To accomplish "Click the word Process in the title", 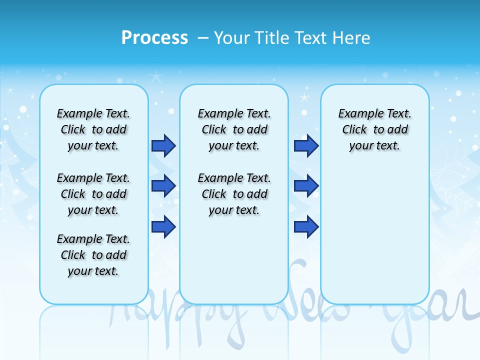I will [x=154, y=37].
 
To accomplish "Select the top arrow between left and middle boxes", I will [x=163, y=146].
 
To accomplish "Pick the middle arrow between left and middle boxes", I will [x=163, y=186].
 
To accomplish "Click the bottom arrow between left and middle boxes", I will [x=163, y=226].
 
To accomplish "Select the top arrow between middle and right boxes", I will [x=306, y=146].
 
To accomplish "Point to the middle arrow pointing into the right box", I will [x=306, y=186].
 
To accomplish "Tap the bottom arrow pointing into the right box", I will [x=306, y=226].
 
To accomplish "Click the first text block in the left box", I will [x=93, y=129].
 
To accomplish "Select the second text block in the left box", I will [x=93, y=194].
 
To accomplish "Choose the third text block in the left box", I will [x=93, y=255].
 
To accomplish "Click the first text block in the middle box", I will [x=234, y=129].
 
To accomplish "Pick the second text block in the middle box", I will [x=234, y=194].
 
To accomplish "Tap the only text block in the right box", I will [x=374, y=129].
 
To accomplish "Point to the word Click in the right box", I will [x=354, y=130].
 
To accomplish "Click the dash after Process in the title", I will [x=202, y=38].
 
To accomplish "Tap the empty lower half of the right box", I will [x=374, y=240].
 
